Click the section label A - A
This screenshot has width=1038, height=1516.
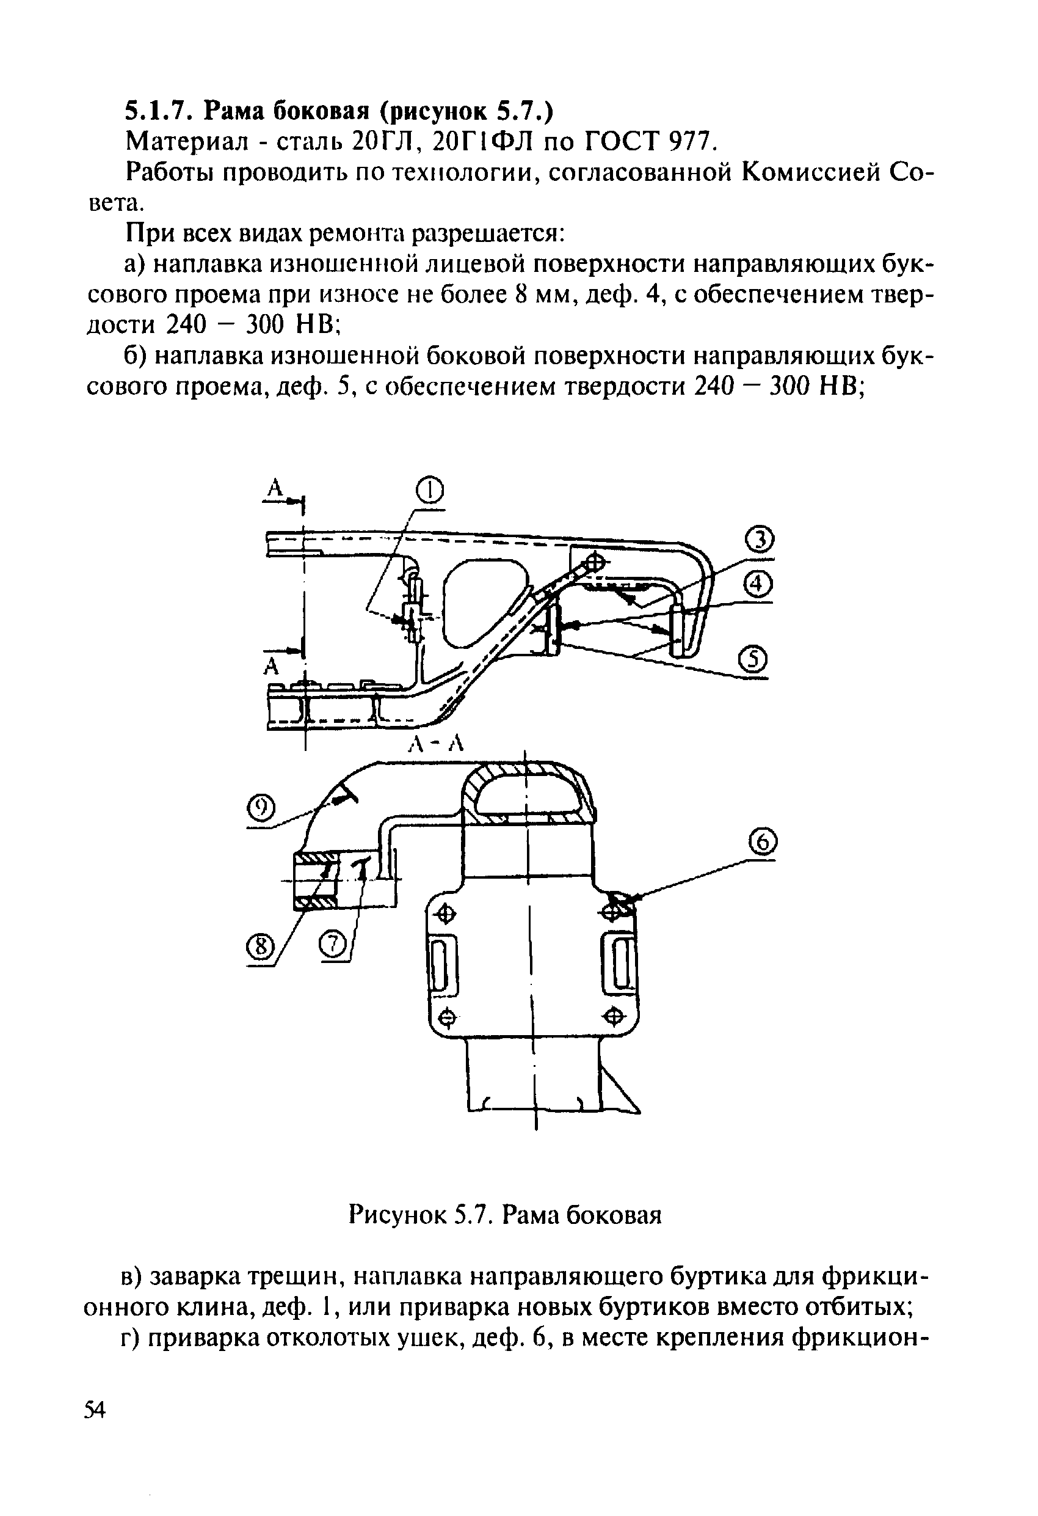pos(435,742)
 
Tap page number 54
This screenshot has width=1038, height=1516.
pos(95,1405)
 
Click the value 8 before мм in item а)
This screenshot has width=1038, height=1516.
pos(520,296)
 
